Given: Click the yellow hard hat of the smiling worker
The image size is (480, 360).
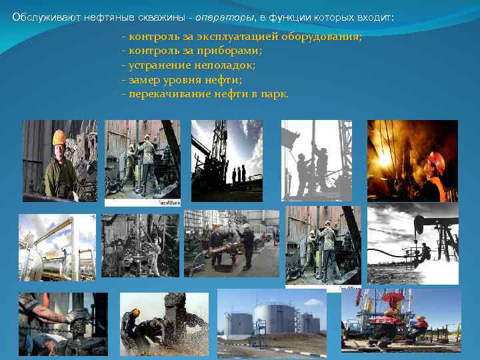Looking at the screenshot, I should (x=59, y=137).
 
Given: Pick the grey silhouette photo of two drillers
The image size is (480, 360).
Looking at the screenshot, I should (x=316, y=160).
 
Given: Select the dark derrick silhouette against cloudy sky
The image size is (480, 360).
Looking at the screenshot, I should (x=226, y=160).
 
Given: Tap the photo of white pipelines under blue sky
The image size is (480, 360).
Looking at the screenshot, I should (x=57, y=247).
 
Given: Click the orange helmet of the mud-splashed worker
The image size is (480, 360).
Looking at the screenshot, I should (x=136, y=311).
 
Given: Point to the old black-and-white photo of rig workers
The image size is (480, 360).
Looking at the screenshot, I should (x=140, y=245).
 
